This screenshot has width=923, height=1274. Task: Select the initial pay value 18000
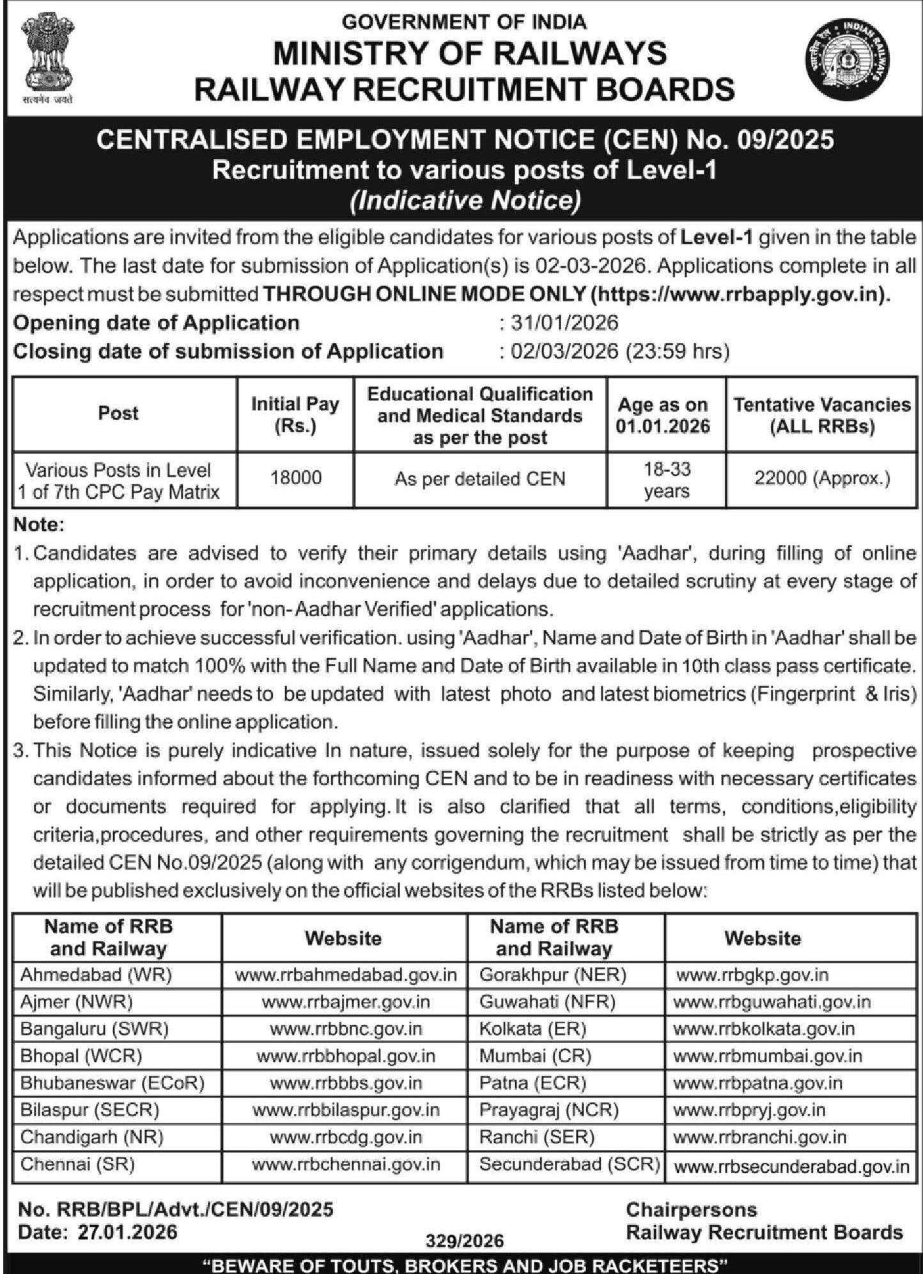point(295,478)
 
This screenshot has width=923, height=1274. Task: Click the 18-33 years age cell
point(666,480)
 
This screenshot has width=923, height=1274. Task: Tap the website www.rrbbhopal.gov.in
point(345,1055)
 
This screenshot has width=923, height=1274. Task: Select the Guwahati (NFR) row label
point(547,1001)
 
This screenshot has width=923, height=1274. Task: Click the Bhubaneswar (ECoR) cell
point(112,1083)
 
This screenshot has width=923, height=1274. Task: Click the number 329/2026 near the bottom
point(465,1241)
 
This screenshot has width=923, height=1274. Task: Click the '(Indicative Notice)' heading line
point(465,200)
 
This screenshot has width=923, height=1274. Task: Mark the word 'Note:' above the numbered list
point(39,525)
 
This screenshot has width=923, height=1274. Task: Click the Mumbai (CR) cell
point(535,1055)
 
